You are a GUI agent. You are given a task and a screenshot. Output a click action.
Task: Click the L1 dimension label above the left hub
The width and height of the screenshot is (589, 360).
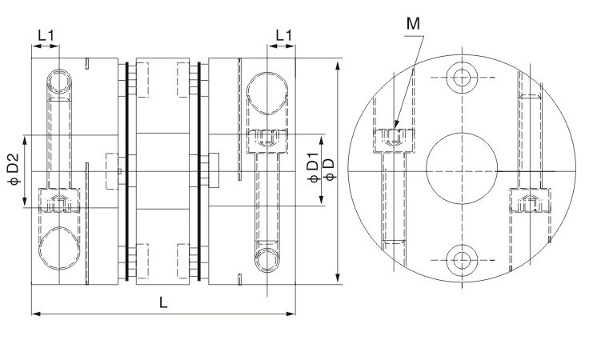click(46, 34)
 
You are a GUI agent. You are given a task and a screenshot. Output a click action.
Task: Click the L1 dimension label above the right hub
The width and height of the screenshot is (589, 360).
click(283, 34)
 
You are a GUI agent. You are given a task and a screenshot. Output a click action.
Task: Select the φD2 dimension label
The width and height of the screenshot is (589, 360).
click(14, 170)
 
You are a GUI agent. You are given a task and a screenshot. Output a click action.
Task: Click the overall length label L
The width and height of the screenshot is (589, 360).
click(163, 302)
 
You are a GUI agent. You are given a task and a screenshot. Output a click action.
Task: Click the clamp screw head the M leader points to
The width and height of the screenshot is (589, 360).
click(390, 138)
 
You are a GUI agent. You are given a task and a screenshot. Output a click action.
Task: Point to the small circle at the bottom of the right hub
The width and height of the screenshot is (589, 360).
click(268, 260)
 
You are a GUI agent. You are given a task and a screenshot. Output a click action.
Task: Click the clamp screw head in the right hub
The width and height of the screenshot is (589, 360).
click(268, 142)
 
